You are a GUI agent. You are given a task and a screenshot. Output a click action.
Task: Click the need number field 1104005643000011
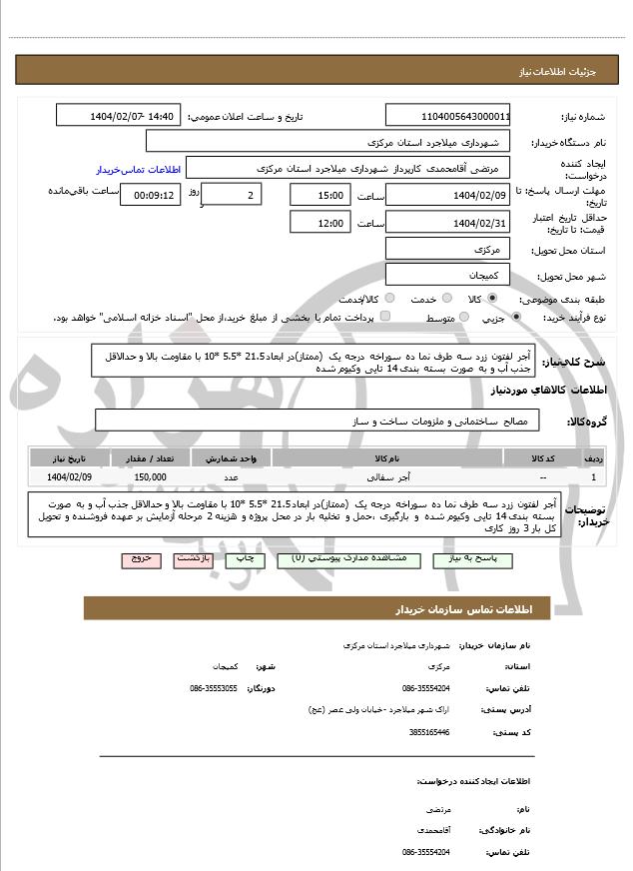pos(448,116)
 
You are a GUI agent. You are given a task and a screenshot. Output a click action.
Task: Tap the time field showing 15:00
pos(319,195)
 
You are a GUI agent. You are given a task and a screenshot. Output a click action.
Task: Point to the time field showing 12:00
pos(319,223)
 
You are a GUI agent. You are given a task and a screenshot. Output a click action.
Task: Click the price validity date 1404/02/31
pos(448,223)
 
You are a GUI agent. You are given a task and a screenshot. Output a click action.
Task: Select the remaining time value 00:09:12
pos(150,195)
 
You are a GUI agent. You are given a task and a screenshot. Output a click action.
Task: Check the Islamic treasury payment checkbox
pos(386,318)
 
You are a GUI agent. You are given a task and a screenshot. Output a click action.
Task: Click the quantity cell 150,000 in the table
pos(149,477)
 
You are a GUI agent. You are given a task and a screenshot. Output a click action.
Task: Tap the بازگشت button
pos(193,559)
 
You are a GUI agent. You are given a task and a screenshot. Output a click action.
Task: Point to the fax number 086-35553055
pos(213,688)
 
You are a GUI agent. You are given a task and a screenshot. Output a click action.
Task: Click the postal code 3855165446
pos(429,732)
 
